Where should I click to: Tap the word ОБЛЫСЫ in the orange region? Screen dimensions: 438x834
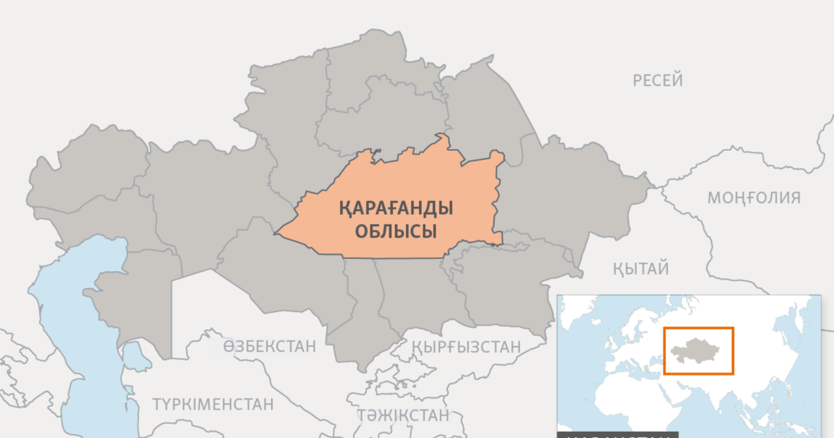tap(396, 231)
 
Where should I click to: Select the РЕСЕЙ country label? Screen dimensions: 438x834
tap(657, 81)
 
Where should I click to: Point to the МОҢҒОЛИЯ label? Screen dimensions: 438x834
tap(754, 198)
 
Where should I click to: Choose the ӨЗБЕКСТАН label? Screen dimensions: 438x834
tap(270, 346)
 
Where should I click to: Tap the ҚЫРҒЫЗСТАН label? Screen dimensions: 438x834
tap(466, 346)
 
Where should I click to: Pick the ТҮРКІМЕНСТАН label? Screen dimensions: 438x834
tap(213, 404)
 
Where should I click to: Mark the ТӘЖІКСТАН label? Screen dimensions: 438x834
tap(403, 416)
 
